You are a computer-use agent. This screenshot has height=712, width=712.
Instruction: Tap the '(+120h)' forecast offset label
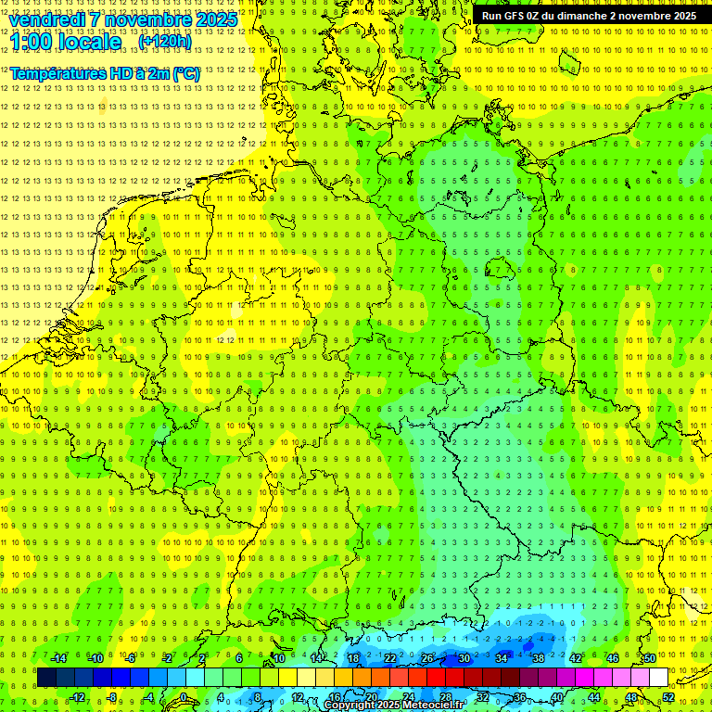tap(164, 41)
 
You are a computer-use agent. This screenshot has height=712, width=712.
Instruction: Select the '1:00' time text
tap(31, 42)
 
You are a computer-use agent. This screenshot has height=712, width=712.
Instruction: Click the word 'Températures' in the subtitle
tap(56, 73)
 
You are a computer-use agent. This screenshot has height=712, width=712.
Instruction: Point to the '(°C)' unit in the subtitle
tap(185, 73)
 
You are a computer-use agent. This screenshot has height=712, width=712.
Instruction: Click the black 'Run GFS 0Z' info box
tap(590, 16)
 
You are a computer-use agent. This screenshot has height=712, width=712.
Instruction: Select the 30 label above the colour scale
tap(464, 658)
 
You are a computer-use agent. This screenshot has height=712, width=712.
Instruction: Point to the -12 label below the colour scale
tap(77, 697)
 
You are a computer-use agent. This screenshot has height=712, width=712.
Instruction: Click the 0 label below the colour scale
tap(184, 697)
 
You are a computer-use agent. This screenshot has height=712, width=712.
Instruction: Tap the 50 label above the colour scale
tap(649, 658)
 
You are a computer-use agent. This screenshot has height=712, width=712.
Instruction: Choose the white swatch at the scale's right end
tap(658, 678)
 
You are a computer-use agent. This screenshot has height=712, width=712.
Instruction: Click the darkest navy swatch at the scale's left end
tap(46, 678)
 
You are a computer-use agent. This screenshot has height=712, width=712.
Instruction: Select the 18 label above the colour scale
tap(352, 658)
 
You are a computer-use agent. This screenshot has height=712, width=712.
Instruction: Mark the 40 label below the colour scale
tap(556, 697)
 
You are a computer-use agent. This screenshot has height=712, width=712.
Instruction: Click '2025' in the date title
tap(213, 19)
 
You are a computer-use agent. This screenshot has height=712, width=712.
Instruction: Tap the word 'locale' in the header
tap(88, 42)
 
